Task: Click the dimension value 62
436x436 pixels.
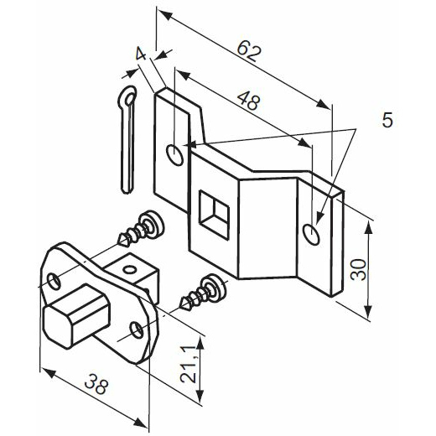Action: [x=249, y=51]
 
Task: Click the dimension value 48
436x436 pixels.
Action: [x=248, y=101]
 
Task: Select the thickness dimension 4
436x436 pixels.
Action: [x=141, y=54]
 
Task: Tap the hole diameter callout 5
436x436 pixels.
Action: [x=387, y=120]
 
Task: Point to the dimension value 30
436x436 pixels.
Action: [x=359, y=269]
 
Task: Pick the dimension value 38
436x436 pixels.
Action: [x=96, y=384]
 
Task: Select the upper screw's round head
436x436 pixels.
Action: [x=153, y=225]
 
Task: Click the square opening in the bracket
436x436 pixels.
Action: [x=214, y=215]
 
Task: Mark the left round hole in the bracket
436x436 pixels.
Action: [x=175, y=155]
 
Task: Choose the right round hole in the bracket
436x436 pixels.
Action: [x=311, y=234]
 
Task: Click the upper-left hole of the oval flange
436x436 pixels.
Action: [x=54, y=282]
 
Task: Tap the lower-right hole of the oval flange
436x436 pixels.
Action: [x=138, y=330]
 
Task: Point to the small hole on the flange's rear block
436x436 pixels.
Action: [x=130, y=270]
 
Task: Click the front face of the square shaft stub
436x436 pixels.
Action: [x=57, y=326]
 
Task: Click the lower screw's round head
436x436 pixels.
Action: [x=215, y=288]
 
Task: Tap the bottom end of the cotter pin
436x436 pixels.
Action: [x=127, y=190]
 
